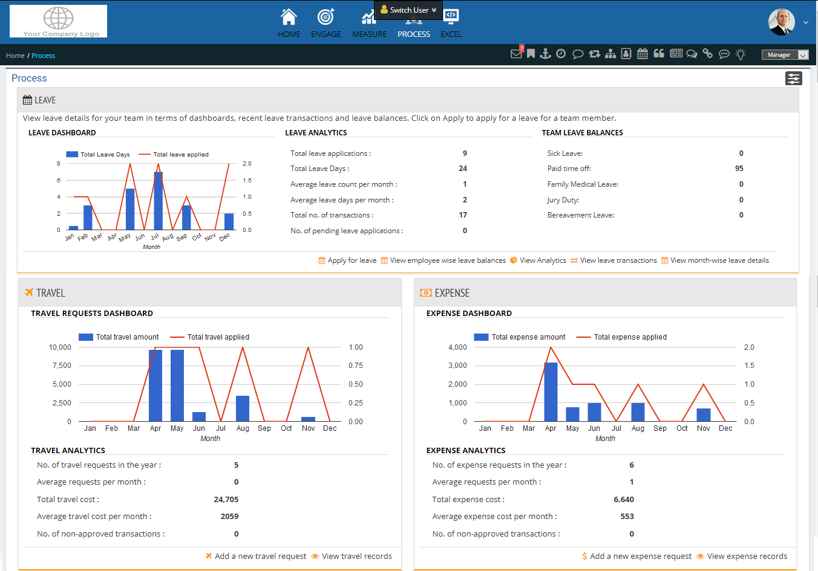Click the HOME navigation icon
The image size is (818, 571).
[x=289, y=17]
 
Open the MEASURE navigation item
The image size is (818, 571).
[x=368, y=24]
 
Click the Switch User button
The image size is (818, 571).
[x=408, y=10]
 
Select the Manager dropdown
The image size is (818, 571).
[x=785, y=55]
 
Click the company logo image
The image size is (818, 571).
[x=59, y=21]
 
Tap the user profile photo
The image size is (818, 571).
[x=781, y=22]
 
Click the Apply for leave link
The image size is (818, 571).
[x=352, y=260]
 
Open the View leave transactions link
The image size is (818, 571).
[x=618, y=260]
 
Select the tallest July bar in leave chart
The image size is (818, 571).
[x=158, y=201]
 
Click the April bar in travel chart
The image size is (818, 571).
[x=155, y=386]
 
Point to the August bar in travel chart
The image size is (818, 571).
[x=243, y=408]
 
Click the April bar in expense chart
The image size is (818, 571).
[x=551, y=392]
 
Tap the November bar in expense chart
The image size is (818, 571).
[x=704, y=415]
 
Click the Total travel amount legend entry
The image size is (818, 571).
[x=126, y=337]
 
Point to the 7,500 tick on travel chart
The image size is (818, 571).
[x=62, y=366]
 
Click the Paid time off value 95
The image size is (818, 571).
[x=739, y=169]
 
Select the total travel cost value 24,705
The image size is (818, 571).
[x=226, y=500]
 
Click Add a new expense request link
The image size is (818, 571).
[x=640, y=556]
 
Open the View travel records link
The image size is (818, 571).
[x=356, y=556]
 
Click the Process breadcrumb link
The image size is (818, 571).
[x=43, y=56]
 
